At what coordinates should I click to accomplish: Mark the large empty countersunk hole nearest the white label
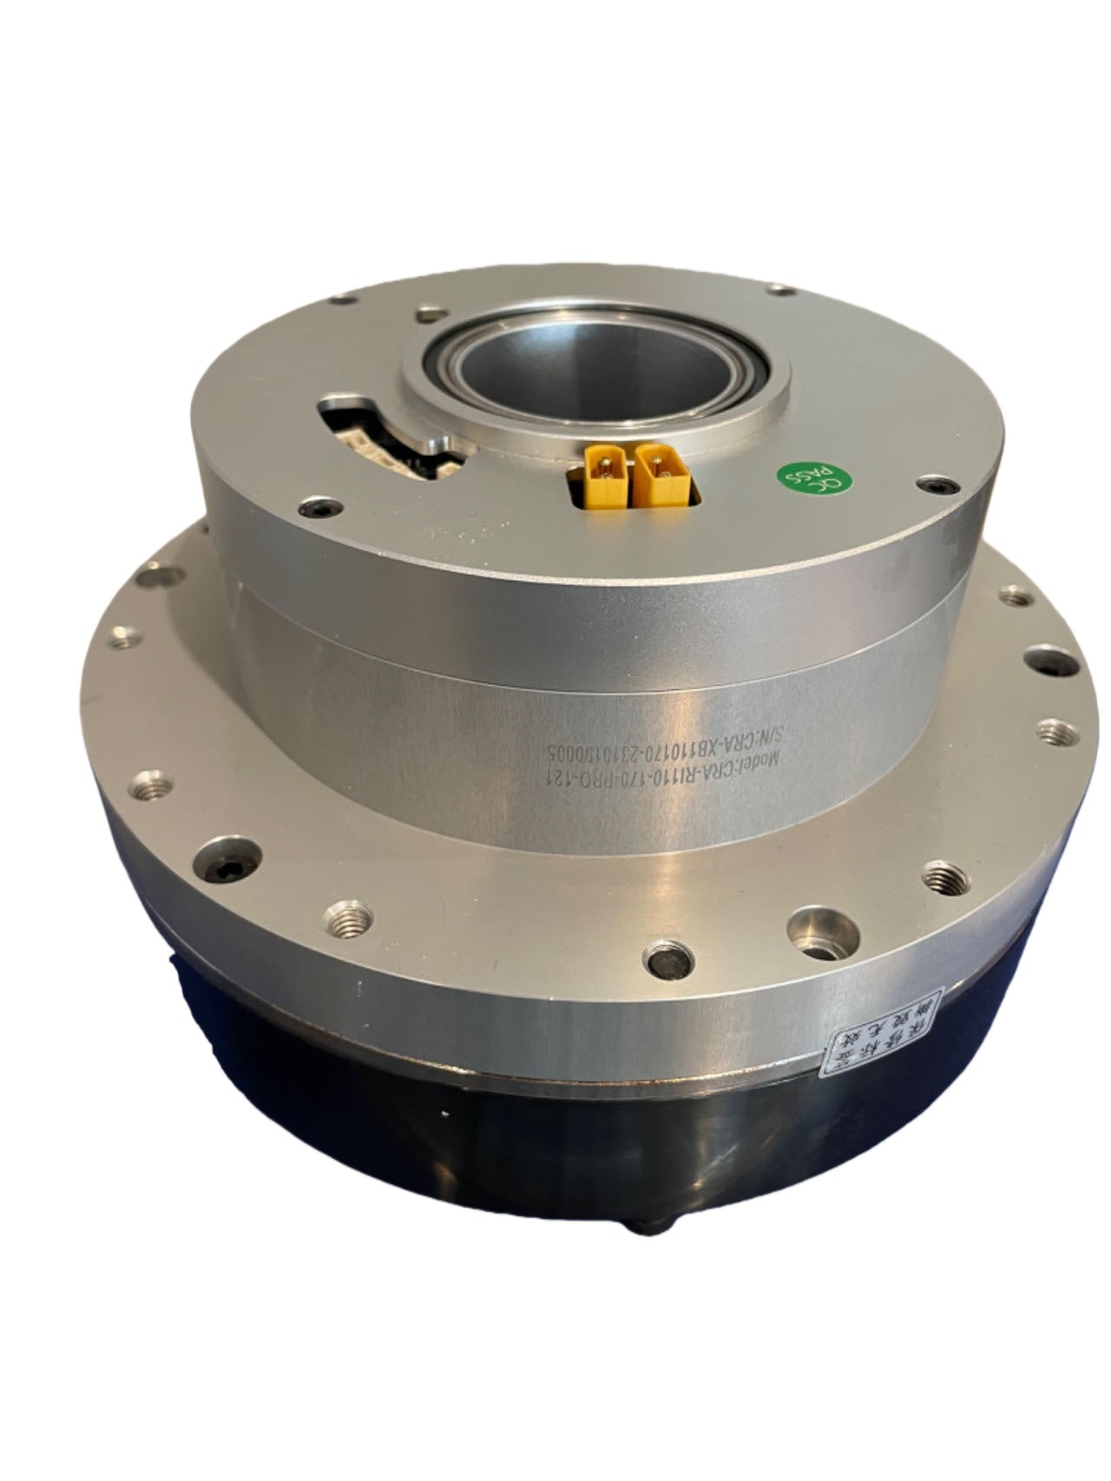click(813, 925)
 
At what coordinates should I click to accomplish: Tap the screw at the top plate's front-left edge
click(319, 506)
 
